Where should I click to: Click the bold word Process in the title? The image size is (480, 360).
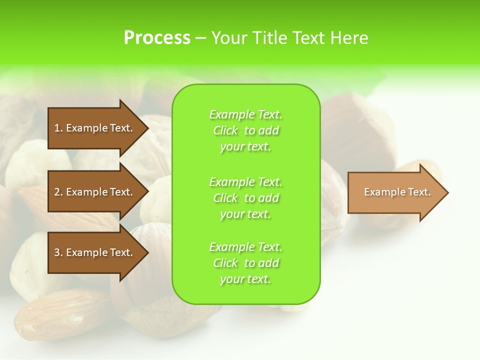coord(157,38)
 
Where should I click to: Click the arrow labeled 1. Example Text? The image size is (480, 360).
coord(95,128)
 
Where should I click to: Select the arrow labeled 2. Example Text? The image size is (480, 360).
coord(95,192)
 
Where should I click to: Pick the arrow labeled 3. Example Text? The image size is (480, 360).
coord(95,252)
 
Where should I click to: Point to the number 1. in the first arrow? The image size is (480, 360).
coord(58,128)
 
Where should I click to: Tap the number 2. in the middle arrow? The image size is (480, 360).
coord(58,192)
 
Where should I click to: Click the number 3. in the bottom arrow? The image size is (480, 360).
coord(58,252)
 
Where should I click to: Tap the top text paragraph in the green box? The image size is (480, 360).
coord(245,130)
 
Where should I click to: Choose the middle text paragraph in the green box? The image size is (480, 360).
coord(245,198)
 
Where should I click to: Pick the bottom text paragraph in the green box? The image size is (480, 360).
coord(245,263)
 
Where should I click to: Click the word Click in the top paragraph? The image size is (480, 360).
coord(225,131)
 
